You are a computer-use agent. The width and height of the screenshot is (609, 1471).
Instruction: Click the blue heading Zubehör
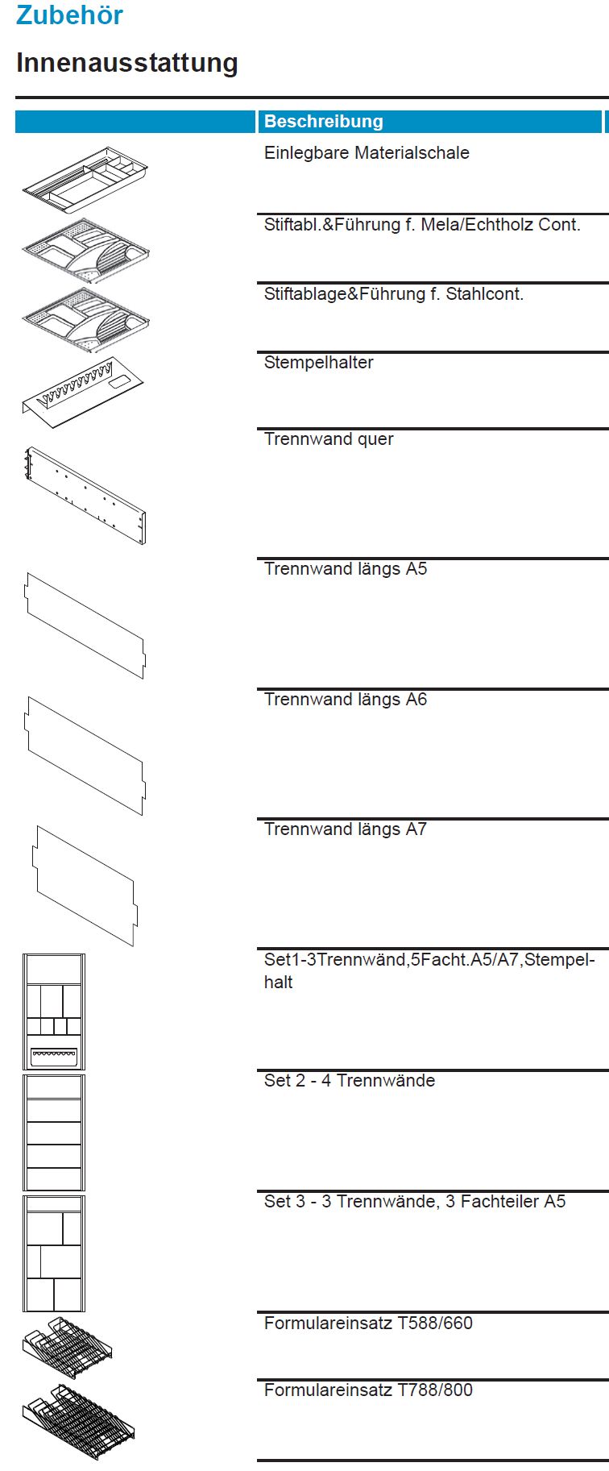69,15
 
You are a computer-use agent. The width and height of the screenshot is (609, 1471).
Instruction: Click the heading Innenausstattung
127,63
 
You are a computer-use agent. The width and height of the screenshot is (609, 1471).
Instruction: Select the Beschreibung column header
324,122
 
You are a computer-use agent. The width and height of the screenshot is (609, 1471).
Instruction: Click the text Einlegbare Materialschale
367,153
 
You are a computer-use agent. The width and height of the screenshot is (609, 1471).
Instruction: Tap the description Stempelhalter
318,363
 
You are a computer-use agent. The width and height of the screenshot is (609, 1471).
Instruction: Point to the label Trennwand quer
329,439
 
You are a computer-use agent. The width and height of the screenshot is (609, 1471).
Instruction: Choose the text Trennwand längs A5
346,569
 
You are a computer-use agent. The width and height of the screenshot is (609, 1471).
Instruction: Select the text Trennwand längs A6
346,700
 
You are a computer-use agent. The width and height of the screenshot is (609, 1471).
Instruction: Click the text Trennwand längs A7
346,829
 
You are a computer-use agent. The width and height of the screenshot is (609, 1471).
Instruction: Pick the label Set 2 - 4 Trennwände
350,1081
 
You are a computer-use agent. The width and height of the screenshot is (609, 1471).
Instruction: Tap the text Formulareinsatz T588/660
368,1323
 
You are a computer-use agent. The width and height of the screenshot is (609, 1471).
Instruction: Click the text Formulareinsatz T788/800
368,1390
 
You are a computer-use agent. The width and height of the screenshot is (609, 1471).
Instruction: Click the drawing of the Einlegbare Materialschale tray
85,180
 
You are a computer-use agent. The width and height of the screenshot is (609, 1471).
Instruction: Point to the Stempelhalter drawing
82,392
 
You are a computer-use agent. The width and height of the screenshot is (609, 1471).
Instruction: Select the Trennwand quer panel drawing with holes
85,496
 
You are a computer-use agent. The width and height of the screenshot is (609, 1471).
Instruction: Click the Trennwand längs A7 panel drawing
85,885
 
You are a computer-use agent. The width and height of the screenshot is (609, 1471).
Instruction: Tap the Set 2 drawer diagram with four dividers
54,1132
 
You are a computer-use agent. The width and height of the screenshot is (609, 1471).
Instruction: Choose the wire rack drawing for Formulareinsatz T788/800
78,1422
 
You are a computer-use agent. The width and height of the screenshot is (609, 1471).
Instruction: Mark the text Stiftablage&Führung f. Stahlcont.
394,294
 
